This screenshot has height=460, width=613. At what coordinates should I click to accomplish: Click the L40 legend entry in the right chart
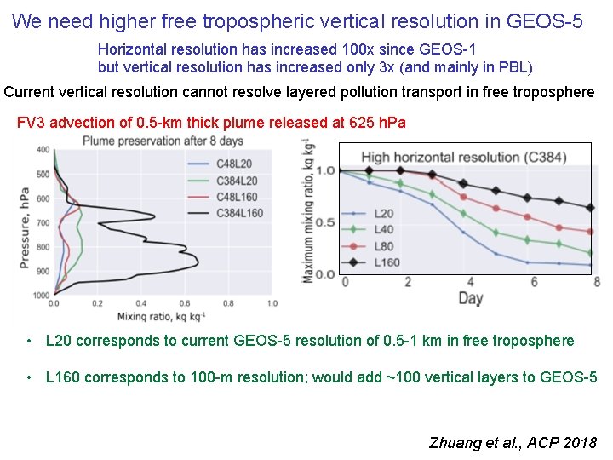click(x=384, y=229)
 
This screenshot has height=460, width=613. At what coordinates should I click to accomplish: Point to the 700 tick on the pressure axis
click(x=43, y=223)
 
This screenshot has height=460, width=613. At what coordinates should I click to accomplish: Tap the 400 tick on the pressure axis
click(x=43, y=150)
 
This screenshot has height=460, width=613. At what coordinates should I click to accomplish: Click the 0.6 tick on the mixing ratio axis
click(x=183, y=302)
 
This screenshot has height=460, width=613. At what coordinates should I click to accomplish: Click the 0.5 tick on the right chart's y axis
click(x=325, y=223)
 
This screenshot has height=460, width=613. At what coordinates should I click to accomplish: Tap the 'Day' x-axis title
click(x=471, y=297)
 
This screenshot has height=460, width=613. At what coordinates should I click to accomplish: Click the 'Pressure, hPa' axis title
click(x=26, y=221)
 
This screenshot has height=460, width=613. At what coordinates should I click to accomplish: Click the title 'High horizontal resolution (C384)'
click(x=463, y=157)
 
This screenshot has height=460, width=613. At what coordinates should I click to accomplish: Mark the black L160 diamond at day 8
click(x=591, y=208)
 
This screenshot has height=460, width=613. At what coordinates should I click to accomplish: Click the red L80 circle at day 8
click(x=591, y=231)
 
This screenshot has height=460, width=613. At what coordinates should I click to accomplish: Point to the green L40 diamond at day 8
click(x=591, y=253)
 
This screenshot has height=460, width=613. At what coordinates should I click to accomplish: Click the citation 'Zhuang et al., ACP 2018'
click(x=513, y=443)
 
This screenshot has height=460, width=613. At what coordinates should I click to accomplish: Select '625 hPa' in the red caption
click(x=377, y=123)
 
